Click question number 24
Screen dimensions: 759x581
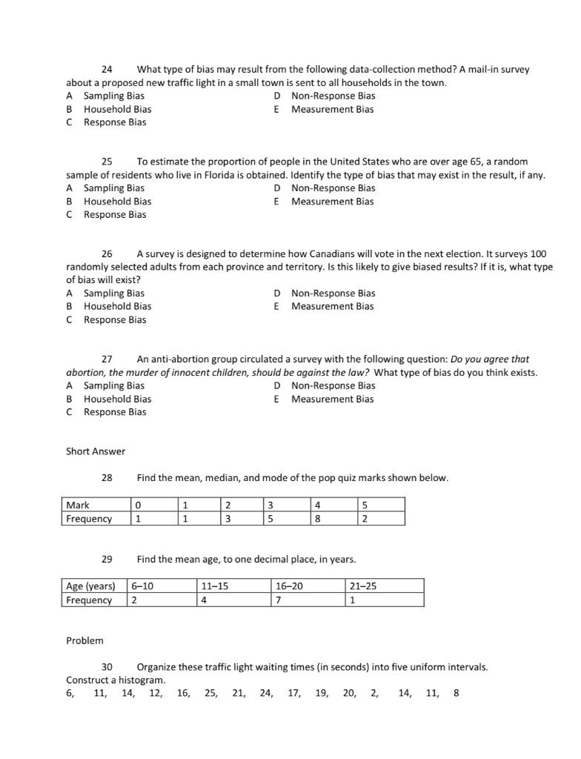point(107,69)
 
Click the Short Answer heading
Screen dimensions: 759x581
point(96,451)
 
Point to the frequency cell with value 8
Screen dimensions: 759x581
point(333,519)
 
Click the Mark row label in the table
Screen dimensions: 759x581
point(78,506)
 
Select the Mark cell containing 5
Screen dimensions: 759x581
point(381,506)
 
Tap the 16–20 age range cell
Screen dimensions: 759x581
point(307,586)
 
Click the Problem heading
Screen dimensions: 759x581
point(84,640)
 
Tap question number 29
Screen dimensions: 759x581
point(107,558)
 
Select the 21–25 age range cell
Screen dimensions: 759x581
point(384,586)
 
